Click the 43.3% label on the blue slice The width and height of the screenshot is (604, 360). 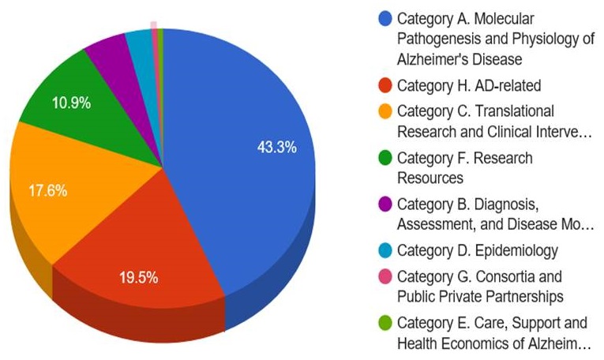pos(276,148)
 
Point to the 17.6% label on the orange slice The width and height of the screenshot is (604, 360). pos(47,190)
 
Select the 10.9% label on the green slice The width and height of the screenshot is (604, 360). pos(71,103)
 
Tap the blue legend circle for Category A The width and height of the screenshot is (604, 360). pos(385,17)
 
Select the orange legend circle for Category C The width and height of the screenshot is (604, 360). pos(385,111)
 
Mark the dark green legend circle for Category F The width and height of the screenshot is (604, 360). pos(385,158)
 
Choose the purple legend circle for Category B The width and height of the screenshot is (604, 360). pos(385,204)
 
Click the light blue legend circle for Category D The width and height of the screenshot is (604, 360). pos(385,250)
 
